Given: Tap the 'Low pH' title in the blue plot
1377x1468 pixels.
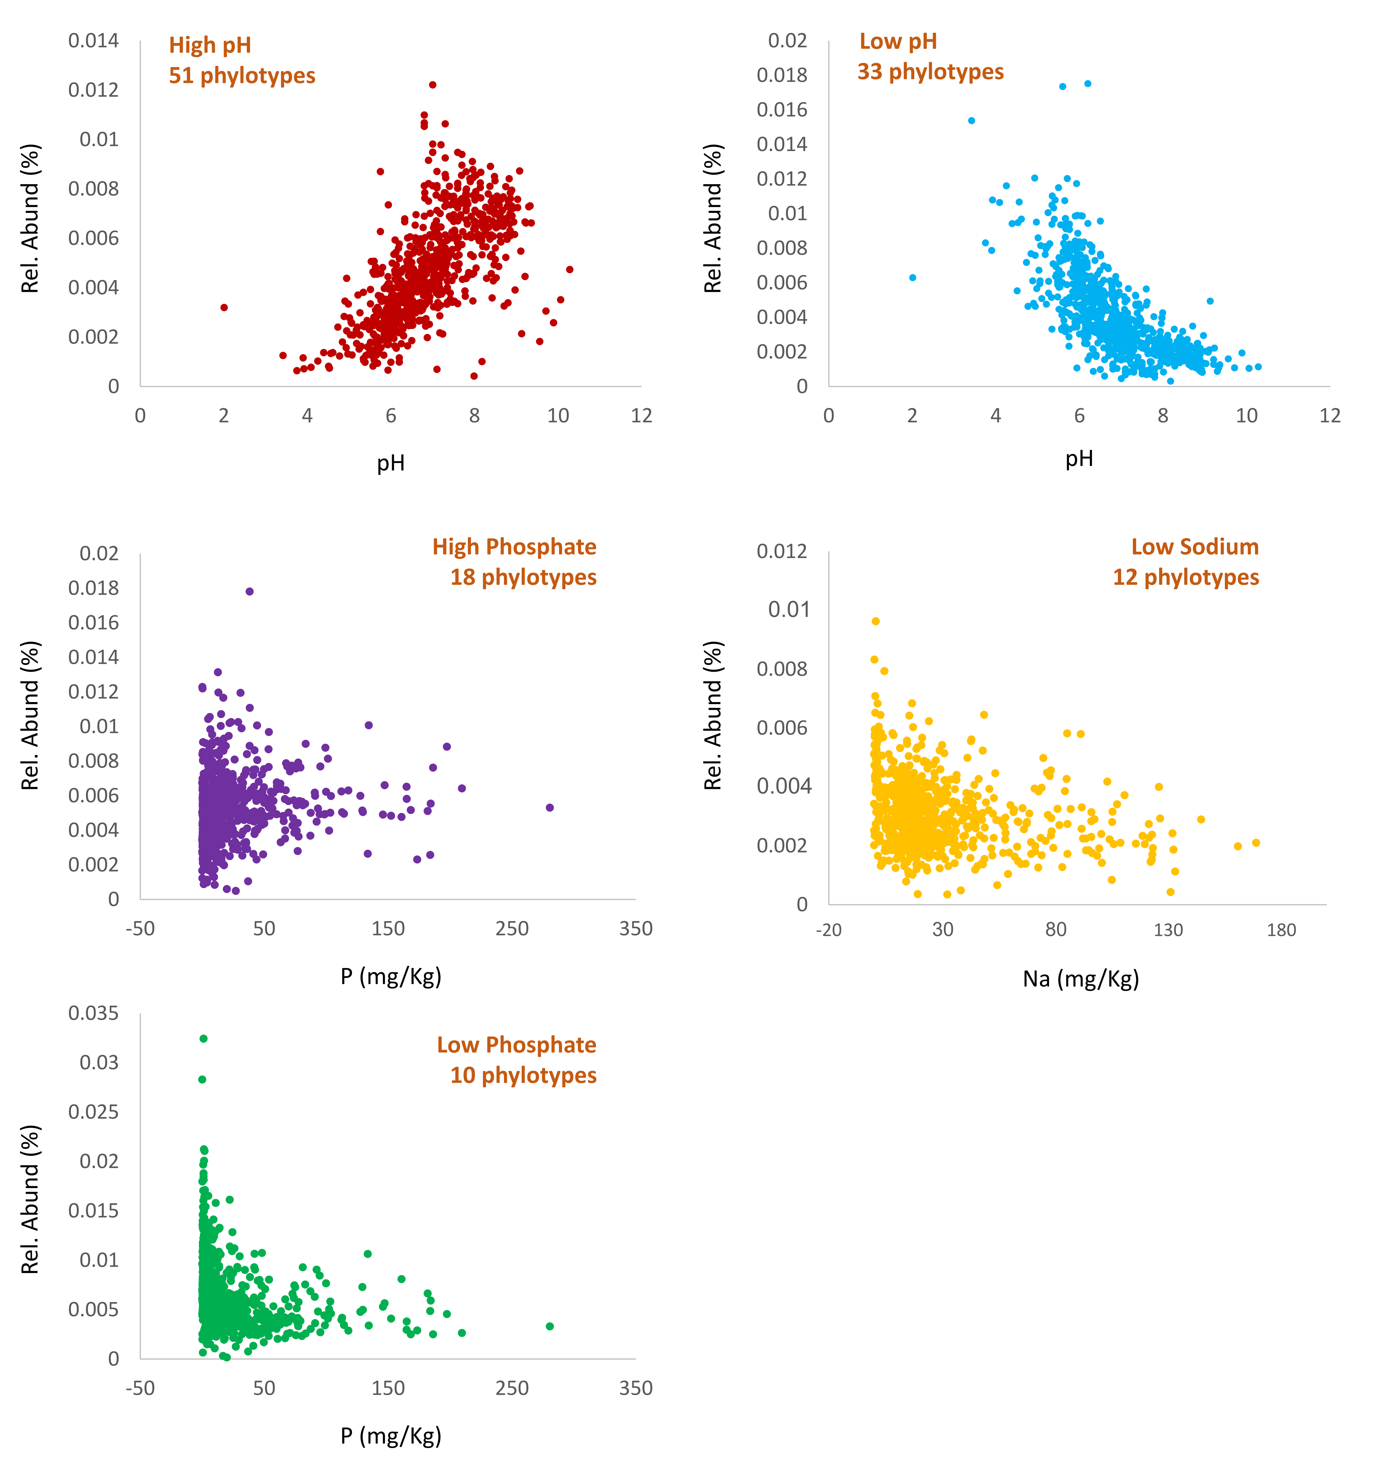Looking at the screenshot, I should click(898, 42).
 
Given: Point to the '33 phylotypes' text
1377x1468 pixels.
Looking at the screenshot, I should click(930, 72).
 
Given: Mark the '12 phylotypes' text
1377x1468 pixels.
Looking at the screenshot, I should click(1186, 577).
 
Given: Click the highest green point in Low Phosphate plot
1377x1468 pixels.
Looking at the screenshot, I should click(204, 1039).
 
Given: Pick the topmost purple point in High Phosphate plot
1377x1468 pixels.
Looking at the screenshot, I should click(250, 592).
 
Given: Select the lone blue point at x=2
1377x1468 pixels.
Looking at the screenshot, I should click(913, 278).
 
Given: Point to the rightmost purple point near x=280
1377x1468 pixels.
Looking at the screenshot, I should click(549, 808).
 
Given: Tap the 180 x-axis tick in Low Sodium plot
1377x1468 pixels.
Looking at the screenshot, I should click(1281, 930).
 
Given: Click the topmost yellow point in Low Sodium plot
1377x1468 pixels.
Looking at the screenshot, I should click(876, 621).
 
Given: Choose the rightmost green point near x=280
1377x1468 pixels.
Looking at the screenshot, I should click(549, 1326).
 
